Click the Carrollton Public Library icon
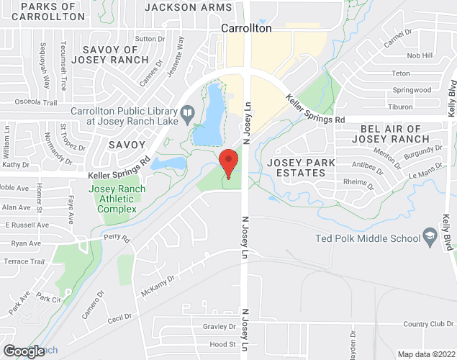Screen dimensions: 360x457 tap(187, 112)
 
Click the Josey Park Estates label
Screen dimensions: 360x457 tap(301, 168)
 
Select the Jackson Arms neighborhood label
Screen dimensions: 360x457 tap(189, 7)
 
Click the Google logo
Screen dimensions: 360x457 tap(23, 351)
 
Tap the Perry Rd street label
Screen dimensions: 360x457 tap(115, 237)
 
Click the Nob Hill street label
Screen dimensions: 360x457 tap(420, 55)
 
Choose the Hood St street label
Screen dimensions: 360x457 tap(222, 345)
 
